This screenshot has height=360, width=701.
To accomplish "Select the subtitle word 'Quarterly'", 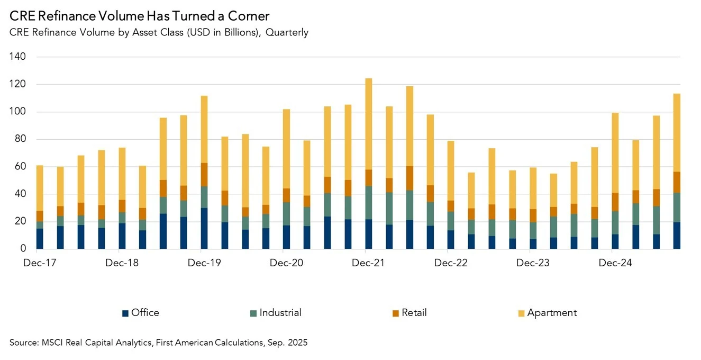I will coord(287,32).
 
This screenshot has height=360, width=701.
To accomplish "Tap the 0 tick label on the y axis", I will coord(23,249).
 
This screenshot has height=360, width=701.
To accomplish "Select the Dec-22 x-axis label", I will coord(451,263).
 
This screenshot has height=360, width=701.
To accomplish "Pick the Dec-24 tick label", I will coord(615,263).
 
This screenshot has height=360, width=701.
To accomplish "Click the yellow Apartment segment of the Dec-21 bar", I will coord(369,124).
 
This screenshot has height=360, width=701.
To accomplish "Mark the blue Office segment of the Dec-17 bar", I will coord(40,238).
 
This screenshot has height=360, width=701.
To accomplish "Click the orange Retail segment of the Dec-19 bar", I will coord(204,175).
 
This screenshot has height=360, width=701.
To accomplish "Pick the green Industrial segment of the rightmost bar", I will coord(677,208).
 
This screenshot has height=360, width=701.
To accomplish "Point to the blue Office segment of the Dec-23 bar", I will coord(533,244).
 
